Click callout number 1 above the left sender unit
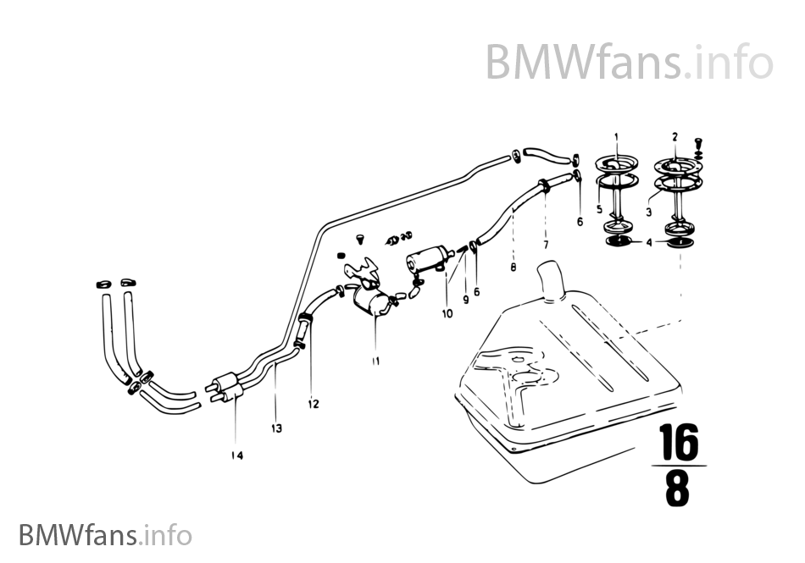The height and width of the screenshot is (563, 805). tap(616, 136)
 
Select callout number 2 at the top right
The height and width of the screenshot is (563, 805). tap(675, 136)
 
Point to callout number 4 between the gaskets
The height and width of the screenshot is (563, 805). tap(649, 242)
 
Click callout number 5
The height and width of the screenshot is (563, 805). tap(597, 209)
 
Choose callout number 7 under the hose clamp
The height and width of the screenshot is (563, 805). tap(546, 245)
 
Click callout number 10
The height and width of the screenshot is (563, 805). tap(447, 312)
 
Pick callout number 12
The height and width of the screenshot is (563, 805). tap(314, 404)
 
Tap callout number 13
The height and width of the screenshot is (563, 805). tap(276, 428)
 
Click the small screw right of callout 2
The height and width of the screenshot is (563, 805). tap(699, 145)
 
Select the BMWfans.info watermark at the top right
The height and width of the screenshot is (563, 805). tap(629, 62)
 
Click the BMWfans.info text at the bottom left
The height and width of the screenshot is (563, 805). tap(105, 535)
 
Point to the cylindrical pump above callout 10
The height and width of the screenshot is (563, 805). tap(429, 258)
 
